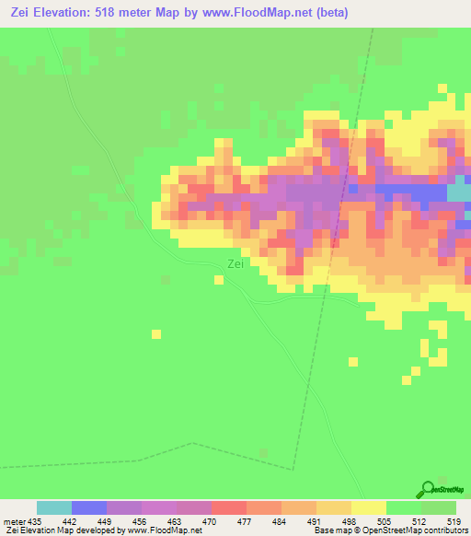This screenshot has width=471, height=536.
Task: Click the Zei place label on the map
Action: [235, 264]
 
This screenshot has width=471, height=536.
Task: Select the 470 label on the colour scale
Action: [211, 520]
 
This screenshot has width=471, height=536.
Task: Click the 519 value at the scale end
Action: [454, 520]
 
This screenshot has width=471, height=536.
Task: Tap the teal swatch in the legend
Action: [54, 507]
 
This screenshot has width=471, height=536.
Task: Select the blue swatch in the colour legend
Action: [89, 507]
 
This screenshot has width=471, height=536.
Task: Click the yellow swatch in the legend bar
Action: [368, 507]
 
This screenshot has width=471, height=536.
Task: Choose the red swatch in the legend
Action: [228, 507]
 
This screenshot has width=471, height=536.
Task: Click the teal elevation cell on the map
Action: [458, 192]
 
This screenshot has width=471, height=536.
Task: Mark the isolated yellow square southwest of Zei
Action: [157, 333]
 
